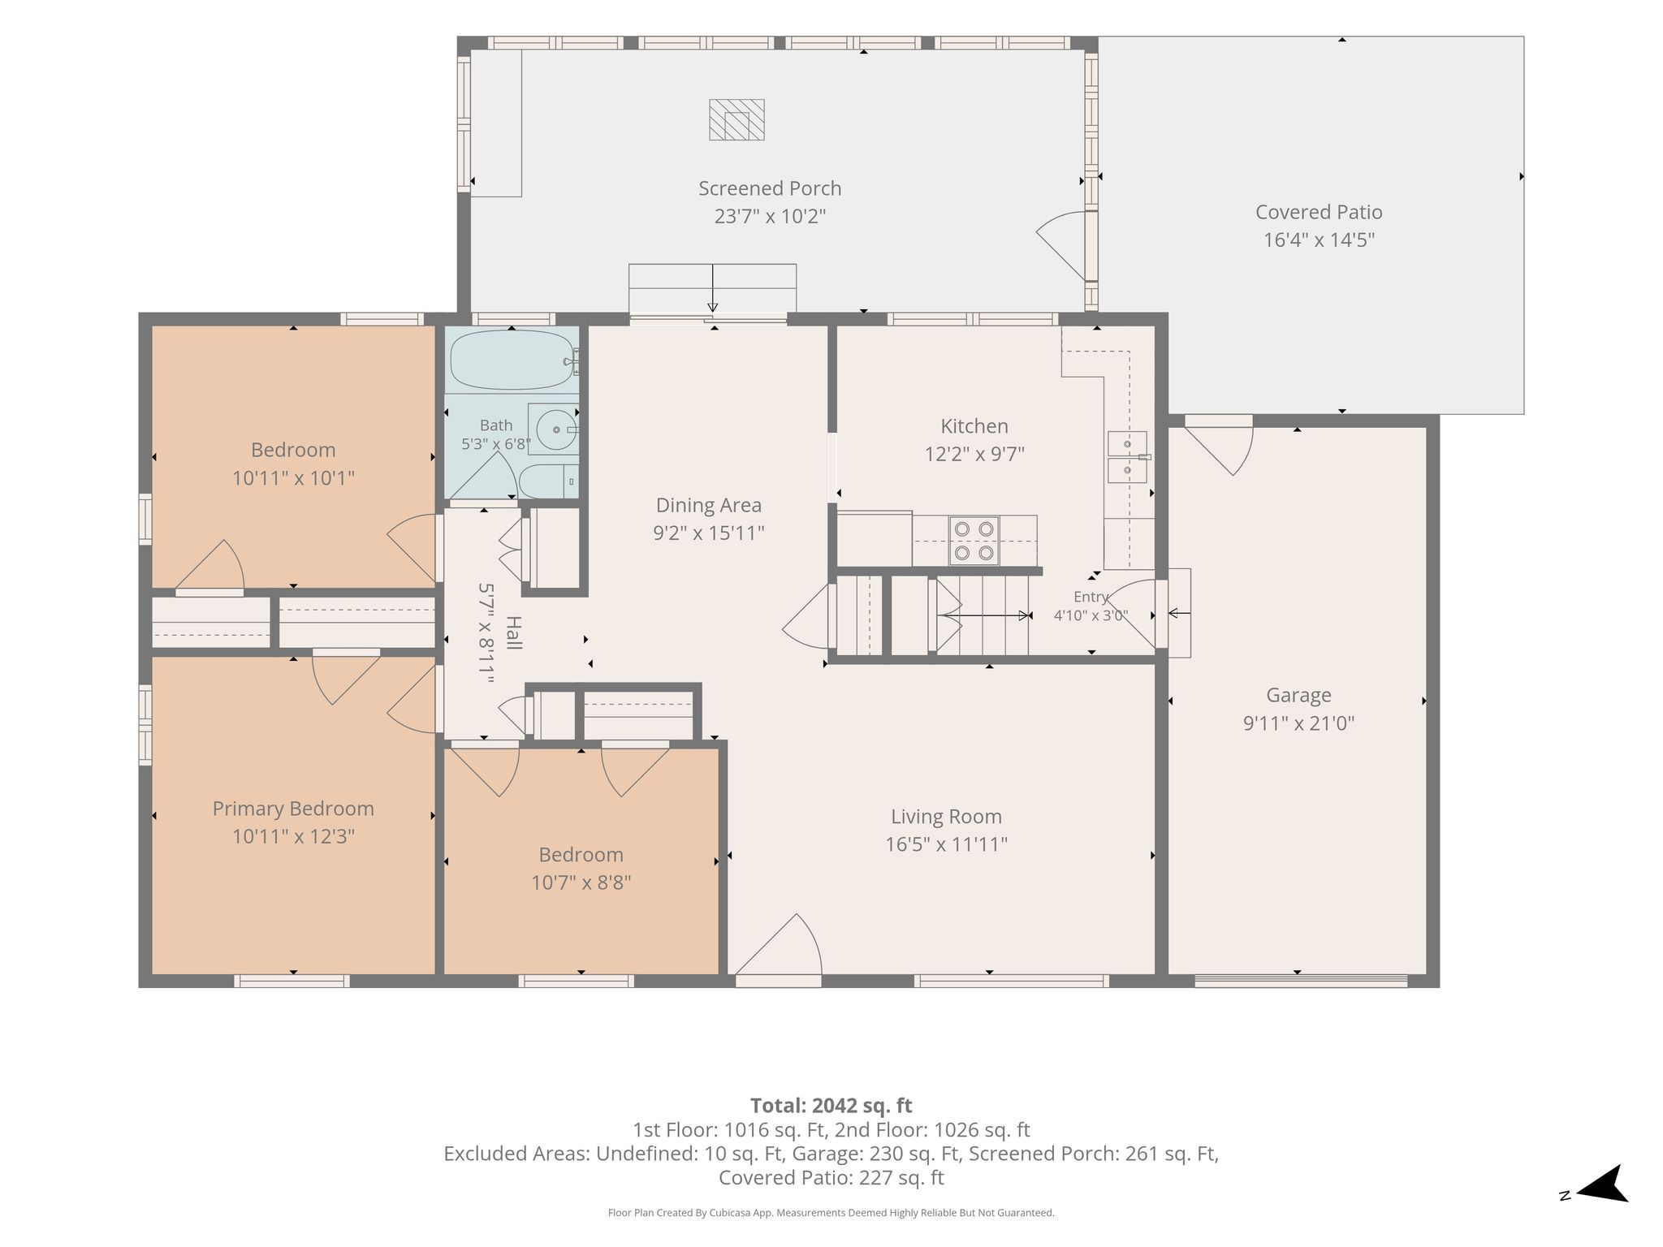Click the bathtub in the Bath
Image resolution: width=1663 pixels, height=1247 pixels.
513,360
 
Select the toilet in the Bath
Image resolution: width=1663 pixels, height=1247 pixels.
548,481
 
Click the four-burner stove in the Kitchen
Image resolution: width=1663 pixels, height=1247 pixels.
974,541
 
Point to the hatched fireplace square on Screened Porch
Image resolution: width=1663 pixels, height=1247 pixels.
736,120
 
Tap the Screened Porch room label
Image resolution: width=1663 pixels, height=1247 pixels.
770,188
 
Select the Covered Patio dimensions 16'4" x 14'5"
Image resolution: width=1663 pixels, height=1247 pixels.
1319,240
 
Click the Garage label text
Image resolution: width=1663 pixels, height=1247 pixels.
1298,695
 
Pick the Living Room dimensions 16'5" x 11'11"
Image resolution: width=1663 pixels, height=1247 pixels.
946,844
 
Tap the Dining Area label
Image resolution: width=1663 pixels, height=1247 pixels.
709,506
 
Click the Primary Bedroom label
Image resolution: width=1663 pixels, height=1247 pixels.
293,809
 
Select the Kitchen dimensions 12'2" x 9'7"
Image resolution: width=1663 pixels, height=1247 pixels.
974,454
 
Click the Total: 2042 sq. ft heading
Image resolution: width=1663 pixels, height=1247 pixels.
831,1106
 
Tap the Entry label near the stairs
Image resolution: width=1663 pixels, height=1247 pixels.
1091,597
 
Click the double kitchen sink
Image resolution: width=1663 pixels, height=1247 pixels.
1128,457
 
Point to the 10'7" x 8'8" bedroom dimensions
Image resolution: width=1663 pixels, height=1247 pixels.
581,882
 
